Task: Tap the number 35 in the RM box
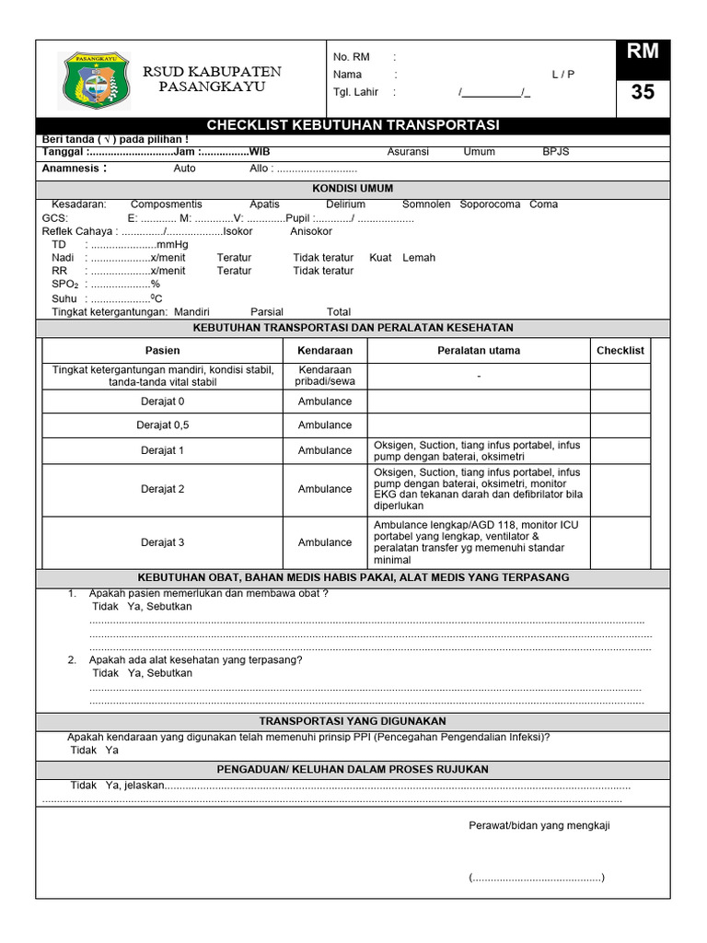(643, 92)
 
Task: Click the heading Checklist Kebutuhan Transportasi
(353, 125)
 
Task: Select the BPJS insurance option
(555, 152)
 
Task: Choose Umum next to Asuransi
(479, 152)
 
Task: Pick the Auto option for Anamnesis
(184, 169)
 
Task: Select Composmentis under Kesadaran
(167, 204)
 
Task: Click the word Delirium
(345, 204)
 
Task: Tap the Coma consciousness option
(543, 204)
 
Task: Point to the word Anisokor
(311, 231)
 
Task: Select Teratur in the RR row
(234, 271)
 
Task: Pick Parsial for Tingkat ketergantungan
(267, 312)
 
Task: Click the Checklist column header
(620, 351)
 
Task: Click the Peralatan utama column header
(478, 351)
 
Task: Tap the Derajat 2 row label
(162, 489)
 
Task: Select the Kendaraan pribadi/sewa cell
(324, 376)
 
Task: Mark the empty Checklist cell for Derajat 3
(620, 542)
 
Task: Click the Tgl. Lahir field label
(355, 92)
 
